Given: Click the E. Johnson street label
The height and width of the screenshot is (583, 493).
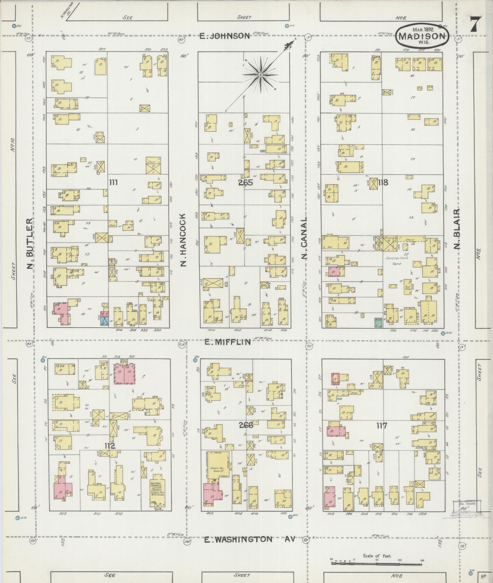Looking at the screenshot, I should (x=224, y=36).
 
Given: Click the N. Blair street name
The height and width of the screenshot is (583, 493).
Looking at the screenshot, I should (x=457, y=229).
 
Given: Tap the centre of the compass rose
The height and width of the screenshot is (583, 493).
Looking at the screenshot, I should (x=261, y=74).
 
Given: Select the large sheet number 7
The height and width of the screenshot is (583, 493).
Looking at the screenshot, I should (x=475, y=24).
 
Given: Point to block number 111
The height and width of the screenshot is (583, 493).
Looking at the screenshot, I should (x=113, y=183).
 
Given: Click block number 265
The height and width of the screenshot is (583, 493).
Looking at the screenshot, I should (x=245, y=182).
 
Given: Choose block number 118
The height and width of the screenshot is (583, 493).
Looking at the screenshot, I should (x=382, y=182).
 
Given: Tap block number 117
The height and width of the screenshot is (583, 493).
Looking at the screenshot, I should (x=382, y=426).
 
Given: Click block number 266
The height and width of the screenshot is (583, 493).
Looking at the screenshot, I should (x=246, y=425).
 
